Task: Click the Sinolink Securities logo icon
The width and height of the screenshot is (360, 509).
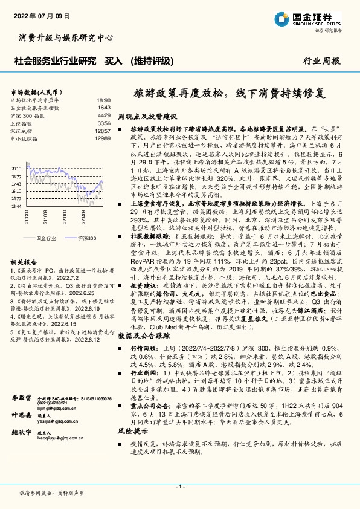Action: (x=282, y=18)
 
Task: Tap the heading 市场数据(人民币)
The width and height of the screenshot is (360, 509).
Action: (x=34, y=92)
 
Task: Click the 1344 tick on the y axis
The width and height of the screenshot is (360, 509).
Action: (x=16, y=206)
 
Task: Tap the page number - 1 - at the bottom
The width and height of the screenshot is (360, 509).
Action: (x=180, y=487)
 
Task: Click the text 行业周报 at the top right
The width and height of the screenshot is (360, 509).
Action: (x=321, y=60)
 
